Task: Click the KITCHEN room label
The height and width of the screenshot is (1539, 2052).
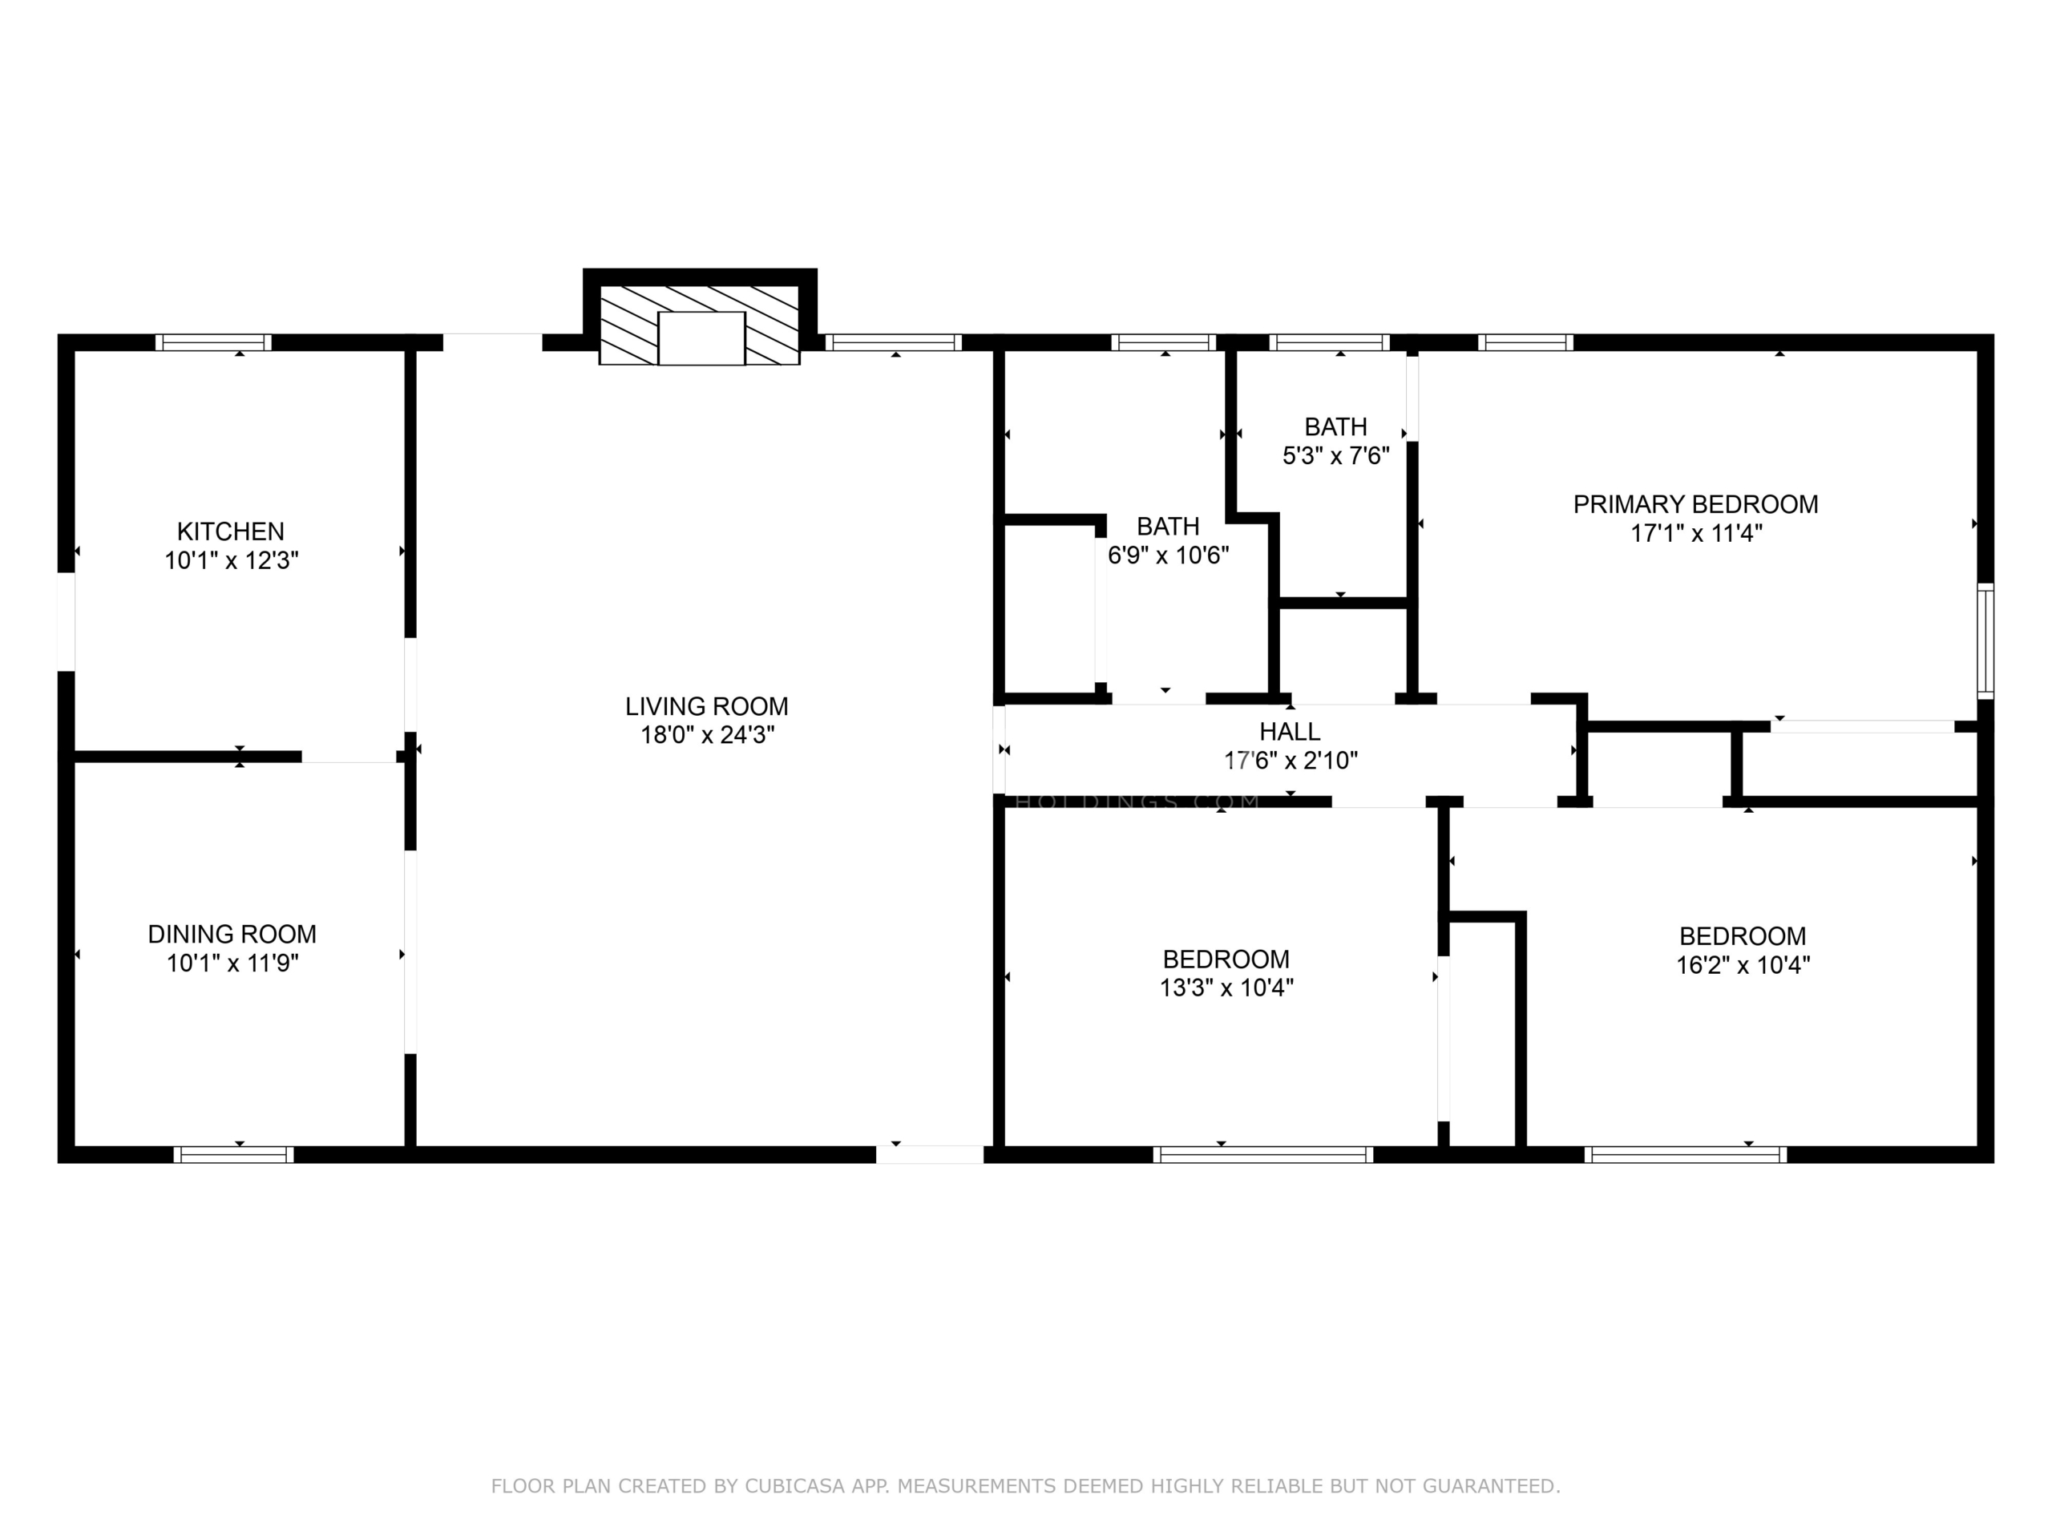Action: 231,531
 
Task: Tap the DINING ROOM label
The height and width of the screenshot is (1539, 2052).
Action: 232,934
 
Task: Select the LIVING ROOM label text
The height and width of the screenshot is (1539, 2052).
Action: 707,706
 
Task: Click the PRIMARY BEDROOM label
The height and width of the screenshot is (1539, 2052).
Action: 1696,505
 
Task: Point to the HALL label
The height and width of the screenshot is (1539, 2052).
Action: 1291,732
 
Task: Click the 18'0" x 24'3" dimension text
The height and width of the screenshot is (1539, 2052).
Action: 707,736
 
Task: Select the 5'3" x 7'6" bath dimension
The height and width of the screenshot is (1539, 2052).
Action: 1336,456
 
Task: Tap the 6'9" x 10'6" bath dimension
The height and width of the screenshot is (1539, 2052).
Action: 1169,555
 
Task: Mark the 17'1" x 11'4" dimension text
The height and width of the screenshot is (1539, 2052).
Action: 1697,533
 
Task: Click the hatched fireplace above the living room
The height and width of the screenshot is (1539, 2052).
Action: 700,325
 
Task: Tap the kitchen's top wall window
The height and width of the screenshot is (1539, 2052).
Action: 213,342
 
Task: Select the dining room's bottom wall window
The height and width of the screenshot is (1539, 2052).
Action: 234,1155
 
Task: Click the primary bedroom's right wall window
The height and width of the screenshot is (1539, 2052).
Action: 1985,641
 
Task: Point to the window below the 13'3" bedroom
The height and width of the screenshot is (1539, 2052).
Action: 1263,1155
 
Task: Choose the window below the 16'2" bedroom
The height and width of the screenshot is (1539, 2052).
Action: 1686,1155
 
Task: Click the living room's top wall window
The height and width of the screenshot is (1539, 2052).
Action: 895,342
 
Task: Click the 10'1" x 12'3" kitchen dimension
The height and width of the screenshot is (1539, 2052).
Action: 232,561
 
